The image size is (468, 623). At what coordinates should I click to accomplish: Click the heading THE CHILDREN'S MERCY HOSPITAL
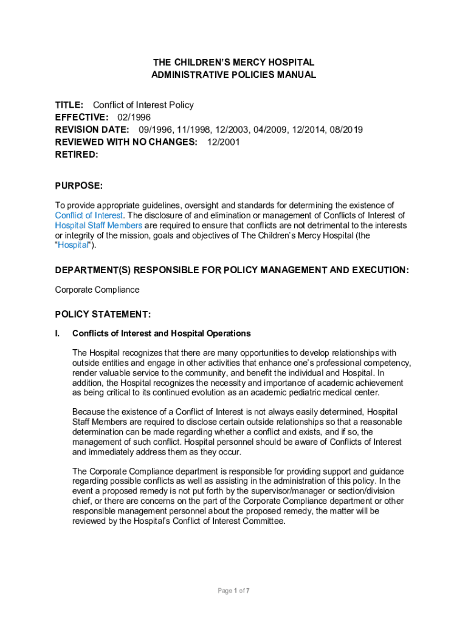233,62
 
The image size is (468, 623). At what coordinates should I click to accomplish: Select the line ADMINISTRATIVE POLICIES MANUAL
233,75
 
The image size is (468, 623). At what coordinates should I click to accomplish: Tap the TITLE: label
69,105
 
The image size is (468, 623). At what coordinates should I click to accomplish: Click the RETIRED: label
77,155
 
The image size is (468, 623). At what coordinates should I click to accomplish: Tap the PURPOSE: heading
79,185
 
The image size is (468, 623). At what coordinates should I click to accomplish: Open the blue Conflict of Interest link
89,215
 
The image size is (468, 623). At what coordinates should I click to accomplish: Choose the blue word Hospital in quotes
73,245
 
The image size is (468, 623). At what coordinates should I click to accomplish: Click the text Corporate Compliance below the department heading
97,290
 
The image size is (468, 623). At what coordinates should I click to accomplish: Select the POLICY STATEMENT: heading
103,315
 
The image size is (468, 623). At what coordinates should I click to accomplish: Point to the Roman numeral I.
57,333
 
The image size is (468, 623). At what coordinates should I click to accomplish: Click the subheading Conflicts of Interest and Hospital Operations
161,333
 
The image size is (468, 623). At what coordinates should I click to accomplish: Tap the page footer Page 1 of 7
234,591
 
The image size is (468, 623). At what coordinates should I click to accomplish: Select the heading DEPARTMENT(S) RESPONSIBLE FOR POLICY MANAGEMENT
232,270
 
